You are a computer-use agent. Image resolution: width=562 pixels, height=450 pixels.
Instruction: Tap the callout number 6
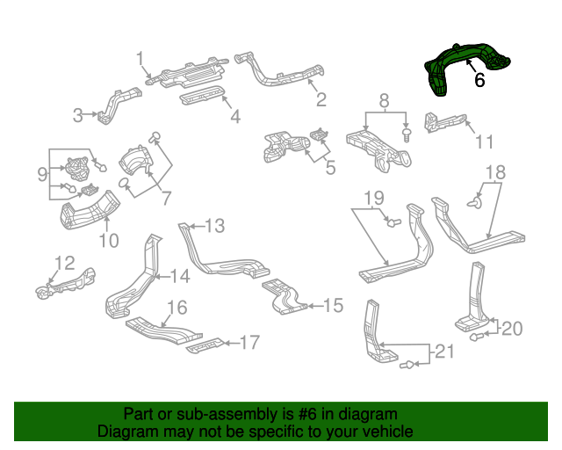coord(479,80)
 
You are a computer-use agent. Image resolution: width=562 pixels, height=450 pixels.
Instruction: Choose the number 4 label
coord(234,116)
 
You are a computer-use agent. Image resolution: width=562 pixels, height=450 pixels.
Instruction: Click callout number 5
coord(329,164)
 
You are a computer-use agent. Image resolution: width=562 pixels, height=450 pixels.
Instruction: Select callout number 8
coord(383,103)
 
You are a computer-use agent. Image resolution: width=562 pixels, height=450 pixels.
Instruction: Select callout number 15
coord(333,306)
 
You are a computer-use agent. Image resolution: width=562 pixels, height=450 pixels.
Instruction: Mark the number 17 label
coord(249,342)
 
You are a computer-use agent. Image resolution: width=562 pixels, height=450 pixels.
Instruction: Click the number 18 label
coord(496,172)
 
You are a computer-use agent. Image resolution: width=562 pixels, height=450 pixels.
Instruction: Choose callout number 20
coord(511,329)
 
